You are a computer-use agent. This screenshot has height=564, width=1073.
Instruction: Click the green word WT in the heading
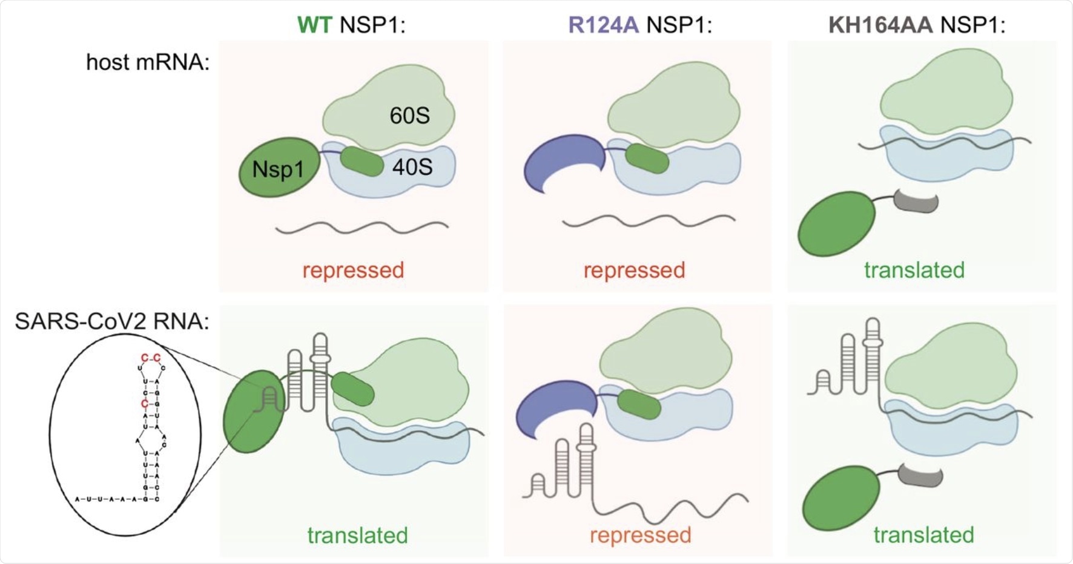click(314, 25)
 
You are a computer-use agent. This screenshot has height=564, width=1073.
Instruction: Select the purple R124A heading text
click(603, 25)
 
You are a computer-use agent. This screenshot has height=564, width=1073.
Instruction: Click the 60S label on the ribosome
click(409, 115)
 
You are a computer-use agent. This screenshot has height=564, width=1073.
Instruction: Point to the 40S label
click(412, 166)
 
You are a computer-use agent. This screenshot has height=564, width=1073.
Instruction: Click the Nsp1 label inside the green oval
click(277, 169)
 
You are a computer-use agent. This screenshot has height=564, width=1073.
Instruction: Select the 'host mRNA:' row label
click(147, 62)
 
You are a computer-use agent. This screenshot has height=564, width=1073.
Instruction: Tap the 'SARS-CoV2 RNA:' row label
click(111, 321)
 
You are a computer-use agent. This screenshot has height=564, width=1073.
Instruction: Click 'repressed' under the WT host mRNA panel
click(353, 270)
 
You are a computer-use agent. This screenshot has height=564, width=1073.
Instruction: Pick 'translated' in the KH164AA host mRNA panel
click(914, 270)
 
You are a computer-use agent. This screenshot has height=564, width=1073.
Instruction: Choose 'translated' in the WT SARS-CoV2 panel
click(357, 535)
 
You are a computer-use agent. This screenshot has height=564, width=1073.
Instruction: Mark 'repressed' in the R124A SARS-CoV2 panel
click(640, 535)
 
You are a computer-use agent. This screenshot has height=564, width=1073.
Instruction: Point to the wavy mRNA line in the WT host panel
click(362, 228)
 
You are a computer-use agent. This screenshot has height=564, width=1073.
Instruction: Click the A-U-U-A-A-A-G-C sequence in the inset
click(117, 499)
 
